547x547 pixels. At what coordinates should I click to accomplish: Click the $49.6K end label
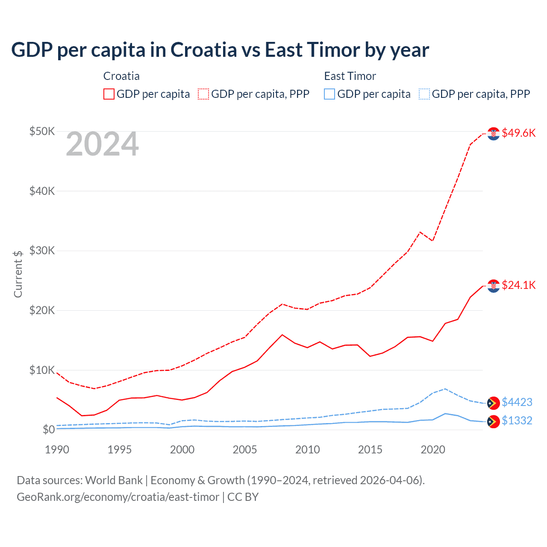[518, 133]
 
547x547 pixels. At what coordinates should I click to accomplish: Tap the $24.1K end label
[518, 285]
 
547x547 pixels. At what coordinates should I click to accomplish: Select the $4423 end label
[517, 402]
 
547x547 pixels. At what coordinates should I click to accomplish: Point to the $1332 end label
[517, 421]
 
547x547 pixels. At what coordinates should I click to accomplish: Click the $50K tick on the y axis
[42, 131]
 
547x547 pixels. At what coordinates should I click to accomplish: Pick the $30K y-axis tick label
[42, 250]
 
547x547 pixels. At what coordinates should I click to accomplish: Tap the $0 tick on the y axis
[49, 429]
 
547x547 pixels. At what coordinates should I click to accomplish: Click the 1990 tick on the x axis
[57, 450]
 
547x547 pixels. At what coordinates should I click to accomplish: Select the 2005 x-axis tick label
[245, 450]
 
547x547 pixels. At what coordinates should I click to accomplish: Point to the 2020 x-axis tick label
[433, 450]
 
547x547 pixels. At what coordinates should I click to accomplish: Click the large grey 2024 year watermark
[102, 144]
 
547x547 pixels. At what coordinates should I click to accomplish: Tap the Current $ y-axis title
[18, 274]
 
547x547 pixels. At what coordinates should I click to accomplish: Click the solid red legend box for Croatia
[109, 94]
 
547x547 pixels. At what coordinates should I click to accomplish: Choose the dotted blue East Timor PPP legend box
[424, 94]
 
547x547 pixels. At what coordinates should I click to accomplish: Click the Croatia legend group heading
[121, 76]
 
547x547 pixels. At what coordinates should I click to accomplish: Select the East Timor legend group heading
[350, 76]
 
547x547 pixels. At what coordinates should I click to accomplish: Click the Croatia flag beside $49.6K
[494, 133]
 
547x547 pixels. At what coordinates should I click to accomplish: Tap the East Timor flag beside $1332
[494, 421]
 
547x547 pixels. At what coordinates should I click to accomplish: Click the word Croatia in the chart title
[203, 50]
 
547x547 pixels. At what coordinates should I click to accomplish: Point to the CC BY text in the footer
[243, 497]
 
